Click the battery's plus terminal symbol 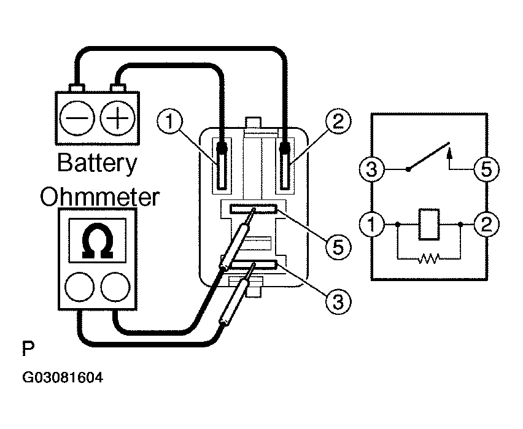click(117, 118)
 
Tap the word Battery click(97, 164)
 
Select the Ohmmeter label click(99, 197)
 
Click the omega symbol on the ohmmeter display click(98, 241)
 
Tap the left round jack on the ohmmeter click(79, 287)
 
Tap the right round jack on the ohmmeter click(115, 287)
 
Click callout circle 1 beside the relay click(170, 121)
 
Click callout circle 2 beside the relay click(338, 121)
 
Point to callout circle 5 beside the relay click(338, 247)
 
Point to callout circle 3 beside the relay click(338, 302)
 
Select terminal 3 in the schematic click(371, 169)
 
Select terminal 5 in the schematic click(487, 169)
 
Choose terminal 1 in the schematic click(371, 224)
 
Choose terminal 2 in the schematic click(487, 224)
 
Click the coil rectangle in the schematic click(429, 224)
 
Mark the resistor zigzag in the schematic click(429, 258)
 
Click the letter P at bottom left click(28, 349)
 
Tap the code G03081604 click(63, 377)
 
